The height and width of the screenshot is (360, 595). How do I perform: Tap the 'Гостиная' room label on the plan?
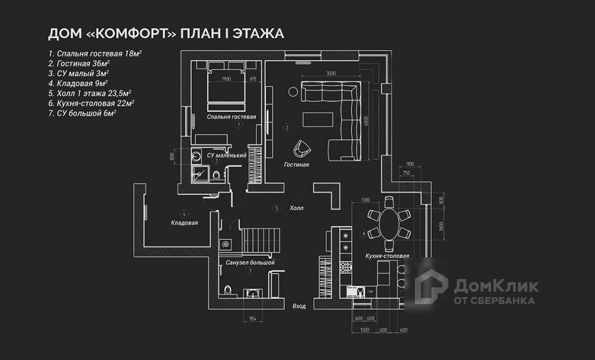296,165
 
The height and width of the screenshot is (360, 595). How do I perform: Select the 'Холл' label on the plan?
297,208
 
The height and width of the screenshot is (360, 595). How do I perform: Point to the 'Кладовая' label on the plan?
184,223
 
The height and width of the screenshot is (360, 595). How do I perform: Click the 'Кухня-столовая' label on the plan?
387,257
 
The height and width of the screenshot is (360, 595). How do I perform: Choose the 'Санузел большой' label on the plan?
250,263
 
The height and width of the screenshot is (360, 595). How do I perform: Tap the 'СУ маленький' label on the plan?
226,156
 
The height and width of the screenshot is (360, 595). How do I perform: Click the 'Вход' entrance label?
299,306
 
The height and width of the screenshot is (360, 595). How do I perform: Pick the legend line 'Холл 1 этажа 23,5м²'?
90,93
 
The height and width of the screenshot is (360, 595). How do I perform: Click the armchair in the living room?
303,149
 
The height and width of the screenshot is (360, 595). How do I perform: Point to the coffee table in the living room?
319,119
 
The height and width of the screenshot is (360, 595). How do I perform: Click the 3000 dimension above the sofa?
331,73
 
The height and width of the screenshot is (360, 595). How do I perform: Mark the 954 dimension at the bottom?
252,318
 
